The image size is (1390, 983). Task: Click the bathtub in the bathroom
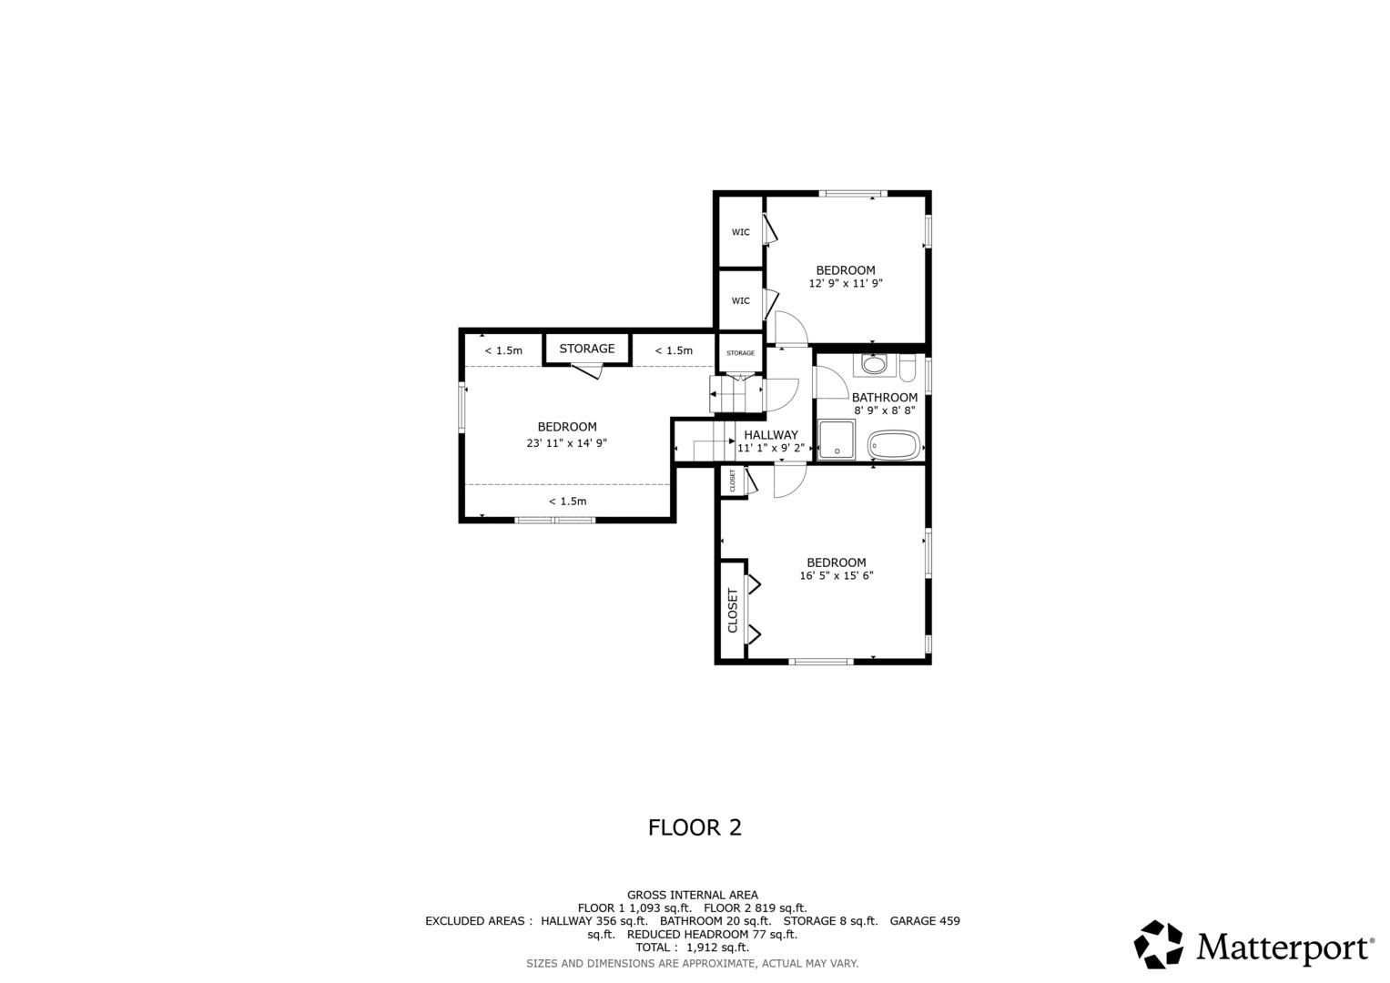coord(894,445)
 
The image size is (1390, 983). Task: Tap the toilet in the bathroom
coord(908,367)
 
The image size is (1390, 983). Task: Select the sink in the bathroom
coord(874,364)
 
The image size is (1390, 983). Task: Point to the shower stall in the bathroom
coord(837,440)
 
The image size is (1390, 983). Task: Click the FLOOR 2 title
coord(695,827)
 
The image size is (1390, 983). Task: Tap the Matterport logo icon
coord(1158,944)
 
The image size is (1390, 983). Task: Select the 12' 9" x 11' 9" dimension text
coord(845,284)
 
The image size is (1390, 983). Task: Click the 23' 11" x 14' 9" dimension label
coord(566,443)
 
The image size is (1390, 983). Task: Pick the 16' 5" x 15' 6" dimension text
coord(836,576)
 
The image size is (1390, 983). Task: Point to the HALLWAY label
coord(771,435)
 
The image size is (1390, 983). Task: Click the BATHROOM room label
coord(884,397)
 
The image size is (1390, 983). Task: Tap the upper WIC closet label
coord(740,232)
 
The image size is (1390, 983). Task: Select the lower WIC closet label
coord(740,301)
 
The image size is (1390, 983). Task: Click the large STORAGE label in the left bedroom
coord(587,349)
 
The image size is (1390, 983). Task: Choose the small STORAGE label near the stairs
coord(740,353)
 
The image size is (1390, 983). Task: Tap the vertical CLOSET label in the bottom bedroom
coord(732,610)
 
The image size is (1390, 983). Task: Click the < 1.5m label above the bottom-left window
coord(567,502)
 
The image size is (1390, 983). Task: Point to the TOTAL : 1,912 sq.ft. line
coord(692,948)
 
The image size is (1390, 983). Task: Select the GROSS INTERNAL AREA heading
coord(693,895)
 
